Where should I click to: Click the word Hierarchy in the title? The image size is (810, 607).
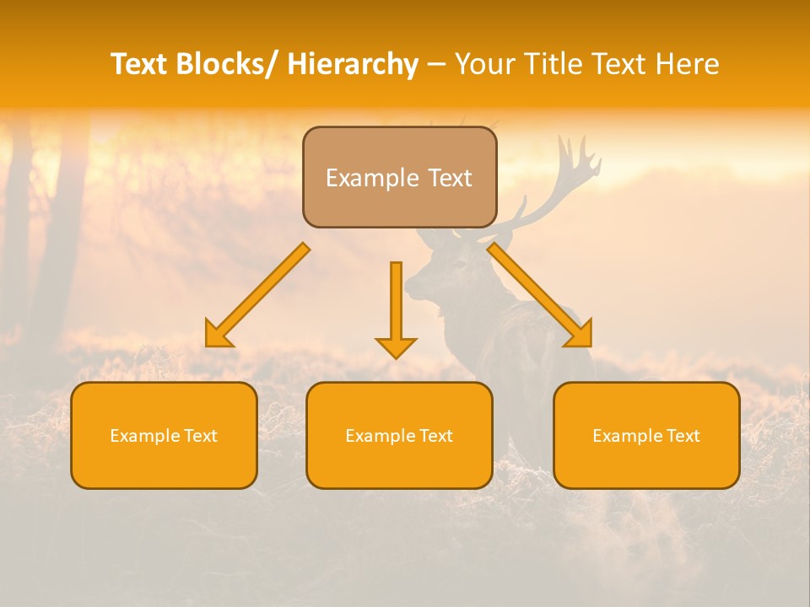[353, 64]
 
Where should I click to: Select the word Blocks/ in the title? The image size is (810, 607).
[229, 64]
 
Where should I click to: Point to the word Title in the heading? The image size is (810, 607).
[555, 64]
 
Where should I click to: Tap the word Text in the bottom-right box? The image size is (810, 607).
[683, 436]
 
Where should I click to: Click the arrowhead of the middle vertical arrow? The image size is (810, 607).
[396, 346]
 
